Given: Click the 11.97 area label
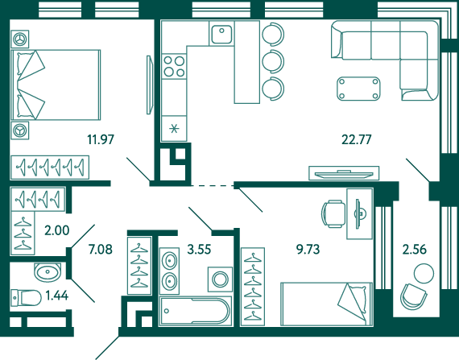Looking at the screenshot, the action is [x=101, y=139].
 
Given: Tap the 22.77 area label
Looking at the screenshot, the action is [x=357, y=139].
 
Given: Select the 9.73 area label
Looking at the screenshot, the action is [x=308, y=250].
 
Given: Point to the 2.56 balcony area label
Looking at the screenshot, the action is [x=415, y=250].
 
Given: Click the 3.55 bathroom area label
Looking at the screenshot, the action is [x=199, y=250].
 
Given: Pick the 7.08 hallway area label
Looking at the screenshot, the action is [x=101, y=250].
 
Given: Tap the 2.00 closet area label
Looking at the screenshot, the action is [x=57, y=230].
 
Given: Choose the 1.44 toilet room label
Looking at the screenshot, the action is [x=57, y=296].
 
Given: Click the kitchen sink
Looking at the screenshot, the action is [x=221, y=34].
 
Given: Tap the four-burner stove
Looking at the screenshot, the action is [x=174, y=66].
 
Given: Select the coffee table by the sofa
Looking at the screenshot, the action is [x=358, y=89].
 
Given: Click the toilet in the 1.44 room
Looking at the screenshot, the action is [x=26, y=298].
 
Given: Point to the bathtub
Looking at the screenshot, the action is [x=196, y=311].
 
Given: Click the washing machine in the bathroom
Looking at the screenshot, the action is [x=220, y=279].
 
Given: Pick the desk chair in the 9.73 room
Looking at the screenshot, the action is [x=333, y=213].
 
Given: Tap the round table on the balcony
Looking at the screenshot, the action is [x=424, y=273].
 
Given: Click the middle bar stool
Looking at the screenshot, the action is [x=273, y=61].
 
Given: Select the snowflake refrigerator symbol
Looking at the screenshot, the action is [x=174, y=129].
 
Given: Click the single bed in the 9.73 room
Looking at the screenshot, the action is [x=326, y=304].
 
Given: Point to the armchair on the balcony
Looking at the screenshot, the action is [x=413, y=296].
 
